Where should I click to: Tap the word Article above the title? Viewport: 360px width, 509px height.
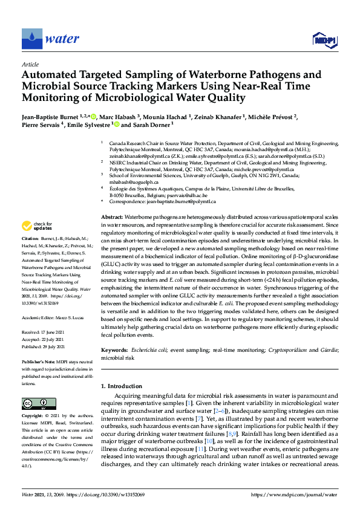coord(30,64)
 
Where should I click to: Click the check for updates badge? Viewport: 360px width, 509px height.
coord(37,225)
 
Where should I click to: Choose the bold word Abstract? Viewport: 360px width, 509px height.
coord(111,216)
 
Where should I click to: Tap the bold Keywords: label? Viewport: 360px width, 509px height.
coord(113,349)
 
